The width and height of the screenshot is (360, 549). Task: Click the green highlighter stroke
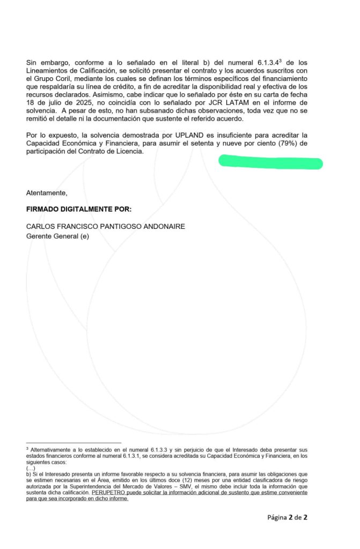(x=271, y=162)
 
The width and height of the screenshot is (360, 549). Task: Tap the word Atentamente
(x=47, y=192)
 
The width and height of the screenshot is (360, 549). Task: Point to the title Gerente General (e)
(x=57, y=236)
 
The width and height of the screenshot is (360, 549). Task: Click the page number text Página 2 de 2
(x=288, y=517)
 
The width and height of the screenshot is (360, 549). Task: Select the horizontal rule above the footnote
(x=74, y=443)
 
